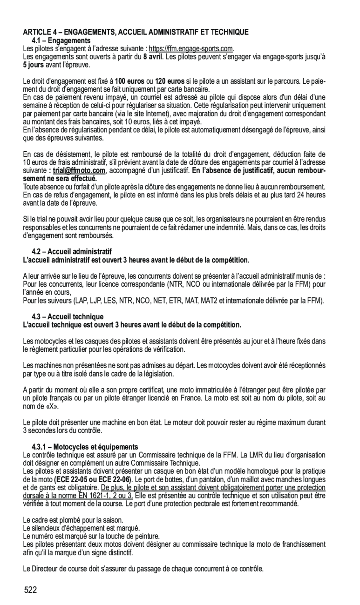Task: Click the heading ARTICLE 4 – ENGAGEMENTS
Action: point(136,32)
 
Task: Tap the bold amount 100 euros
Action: point(129,81)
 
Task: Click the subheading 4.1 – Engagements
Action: point(64,41)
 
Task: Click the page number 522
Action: point(31,591)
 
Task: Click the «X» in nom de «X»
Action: point(52,406)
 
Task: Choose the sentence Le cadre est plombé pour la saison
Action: point(73,520)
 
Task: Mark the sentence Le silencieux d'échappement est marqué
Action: point(82,528)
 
